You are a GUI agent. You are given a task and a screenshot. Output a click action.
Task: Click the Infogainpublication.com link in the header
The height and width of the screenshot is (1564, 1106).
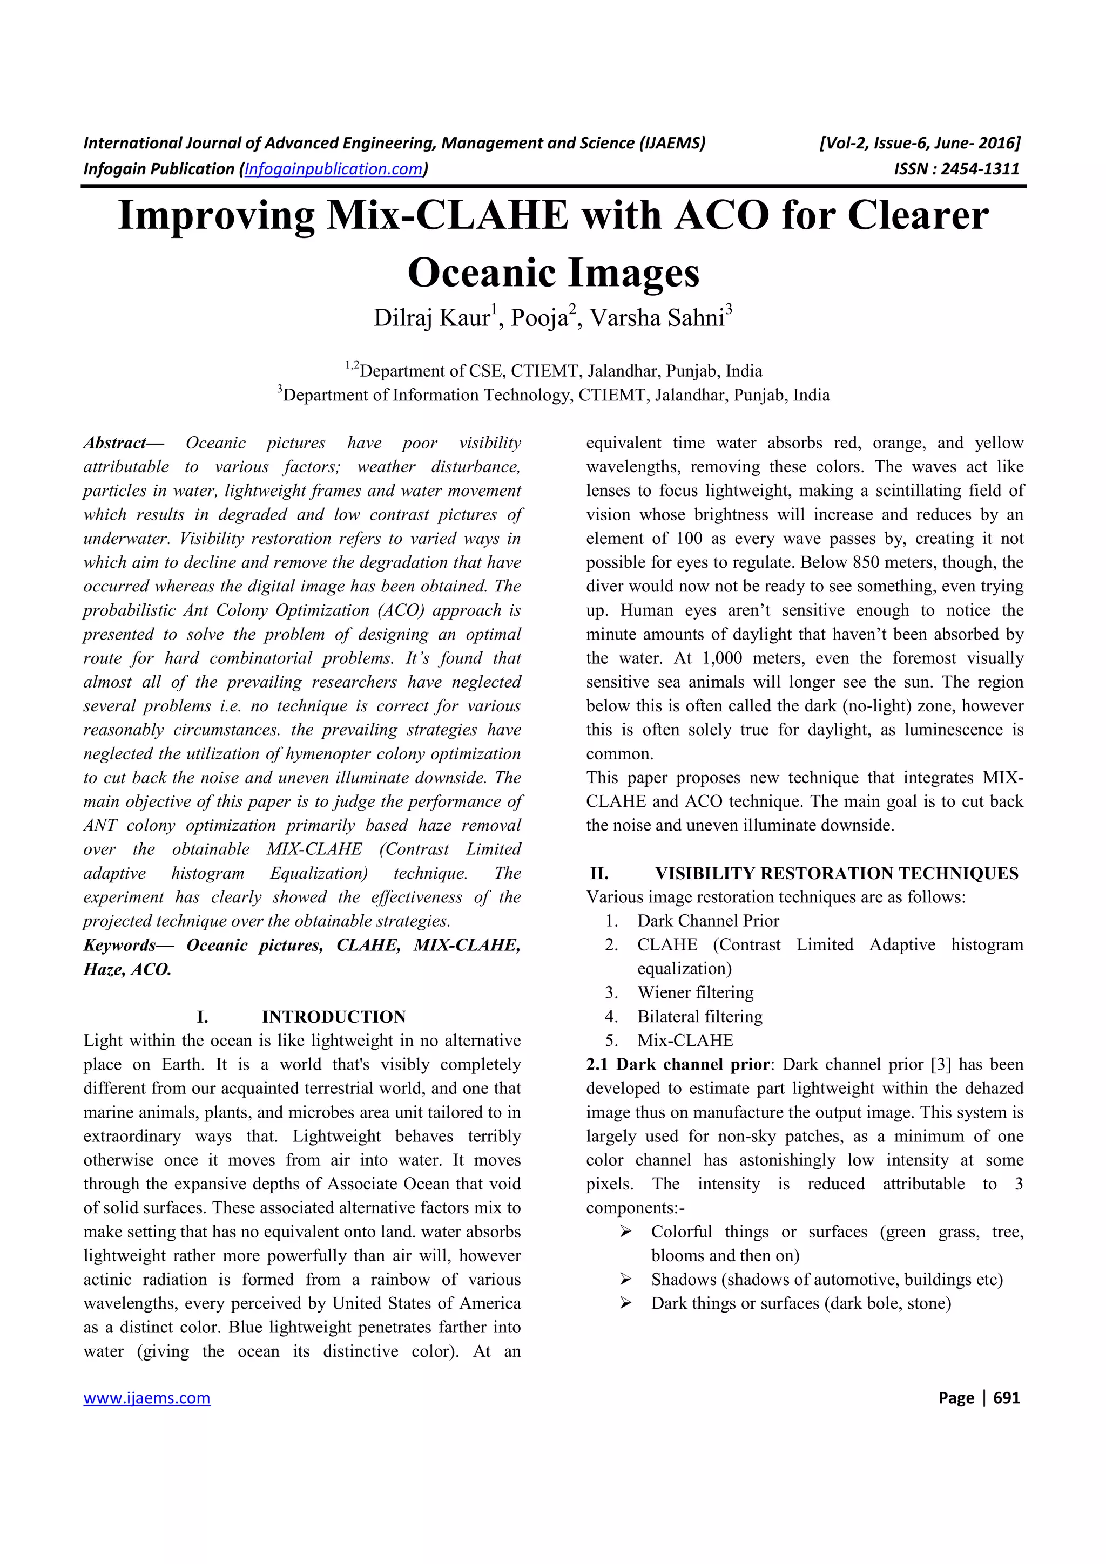tap(333, 169)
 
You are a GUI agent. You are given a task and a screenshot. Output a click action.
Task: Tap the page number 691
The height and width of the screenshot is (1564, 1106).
tap(1007, 1398)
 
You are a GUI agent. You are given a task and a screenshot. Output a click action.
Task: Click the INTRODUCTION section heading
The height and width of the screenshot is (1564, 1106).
tap(333, 1017)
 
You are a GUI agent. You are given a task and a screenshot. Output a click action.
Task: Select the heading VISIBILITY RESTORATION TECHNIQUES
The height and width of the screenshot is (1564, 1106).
tap(836, 873)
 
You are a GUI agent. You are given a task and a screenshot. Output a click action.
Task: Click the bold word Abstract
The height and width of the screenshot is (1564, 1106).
tap(114, 443)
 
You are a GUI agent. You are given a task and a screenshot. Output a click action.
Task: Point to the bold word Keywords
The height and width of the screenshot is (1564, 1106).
tap(120, 945)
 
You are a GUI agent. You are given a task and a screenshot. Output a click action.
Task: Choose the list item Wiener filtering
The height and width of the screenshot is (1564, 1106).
tap(695, 992)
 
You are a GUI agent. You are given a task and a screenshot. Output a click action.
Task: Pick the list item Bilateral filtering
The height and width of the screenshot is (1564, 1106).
tap(700, 1016)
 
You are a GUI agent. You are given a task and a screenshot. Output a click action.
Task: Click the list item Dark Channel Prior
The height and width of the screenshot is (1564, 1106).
tap(708, 921)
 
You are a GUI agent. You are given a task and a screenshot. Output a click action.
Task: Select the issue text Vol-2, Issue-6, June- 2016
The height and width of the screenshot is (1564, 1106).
tap(921, 143)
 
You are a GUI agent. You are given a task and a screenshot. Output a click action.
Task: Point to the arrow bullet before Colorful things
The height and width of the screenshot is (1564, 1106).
tap(625, 1232)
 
